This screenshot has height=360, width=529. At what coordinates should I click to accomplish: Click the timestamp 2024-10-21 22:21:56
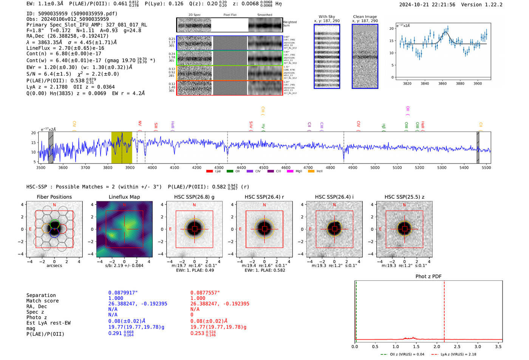427,5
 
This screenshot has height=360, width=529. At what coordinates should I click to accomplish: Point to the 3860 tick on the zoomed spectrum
442,83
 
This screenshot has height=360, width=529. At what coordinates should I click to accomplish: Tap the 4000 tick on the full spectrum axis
152,167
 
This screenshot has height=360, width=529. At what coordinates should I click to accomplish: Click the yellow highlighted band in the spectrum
122,147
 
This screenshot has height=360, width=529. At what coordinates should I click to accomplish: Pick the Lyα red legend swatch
209,172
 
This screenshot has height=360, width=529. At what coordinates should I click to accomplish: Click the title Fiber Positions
54,197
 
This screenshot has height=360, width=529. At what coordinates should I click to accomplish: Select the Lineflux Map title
124,197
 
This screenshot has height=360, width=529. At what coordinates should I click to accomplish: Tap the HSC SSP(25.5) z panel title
404,197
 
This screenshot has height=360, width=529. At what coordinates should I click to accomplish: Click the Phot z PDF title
428,277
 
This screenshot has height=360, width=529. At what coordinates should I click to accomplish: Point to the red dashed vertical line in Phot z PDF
444,310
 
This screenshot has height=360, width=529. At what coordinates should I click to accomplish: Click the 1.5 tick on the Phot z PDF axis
416,346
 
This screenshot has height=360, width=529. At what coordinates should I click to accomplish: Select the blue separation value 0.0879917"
123,293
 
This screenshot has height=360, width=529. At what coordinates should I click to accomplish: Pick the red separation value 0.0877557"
205,293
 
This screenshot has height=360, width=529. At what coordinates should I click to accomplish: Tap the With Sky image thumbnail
327,56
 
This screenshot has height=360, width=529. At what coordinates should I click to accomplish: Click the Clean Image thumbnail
365,56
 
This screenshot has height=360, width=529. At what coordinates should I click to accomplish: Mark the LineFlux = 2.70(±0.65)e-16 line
65,48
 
